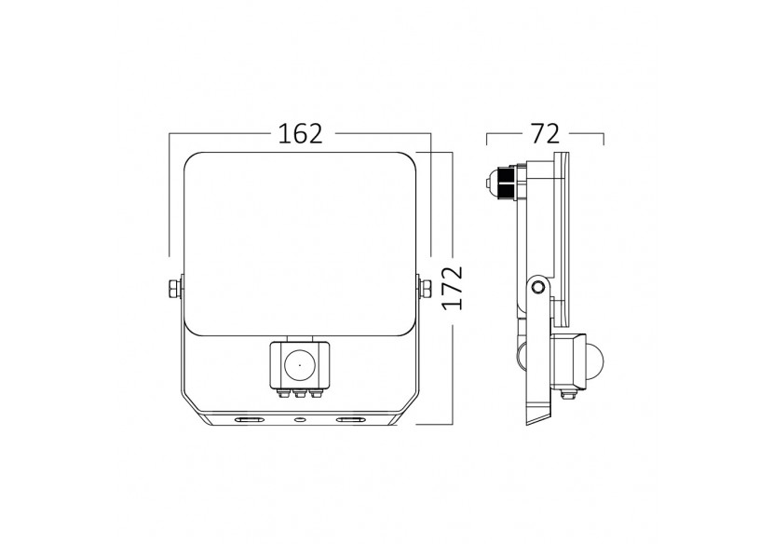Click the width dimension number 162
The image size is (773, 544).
tap(300, 134)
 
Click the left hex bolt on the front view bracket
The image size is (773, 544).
tap(172, 289)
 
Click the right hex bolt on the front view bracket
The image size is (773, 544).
tap(426, 289)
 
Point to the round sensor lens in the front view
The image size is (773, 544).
tap(300, 363)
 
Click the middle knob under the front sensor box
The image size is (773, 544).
tap(300, 395)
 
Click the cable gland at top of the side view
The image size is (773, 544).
tap(503, 183)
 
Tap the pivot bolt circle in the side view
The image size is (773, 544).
tap(538, 288)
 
